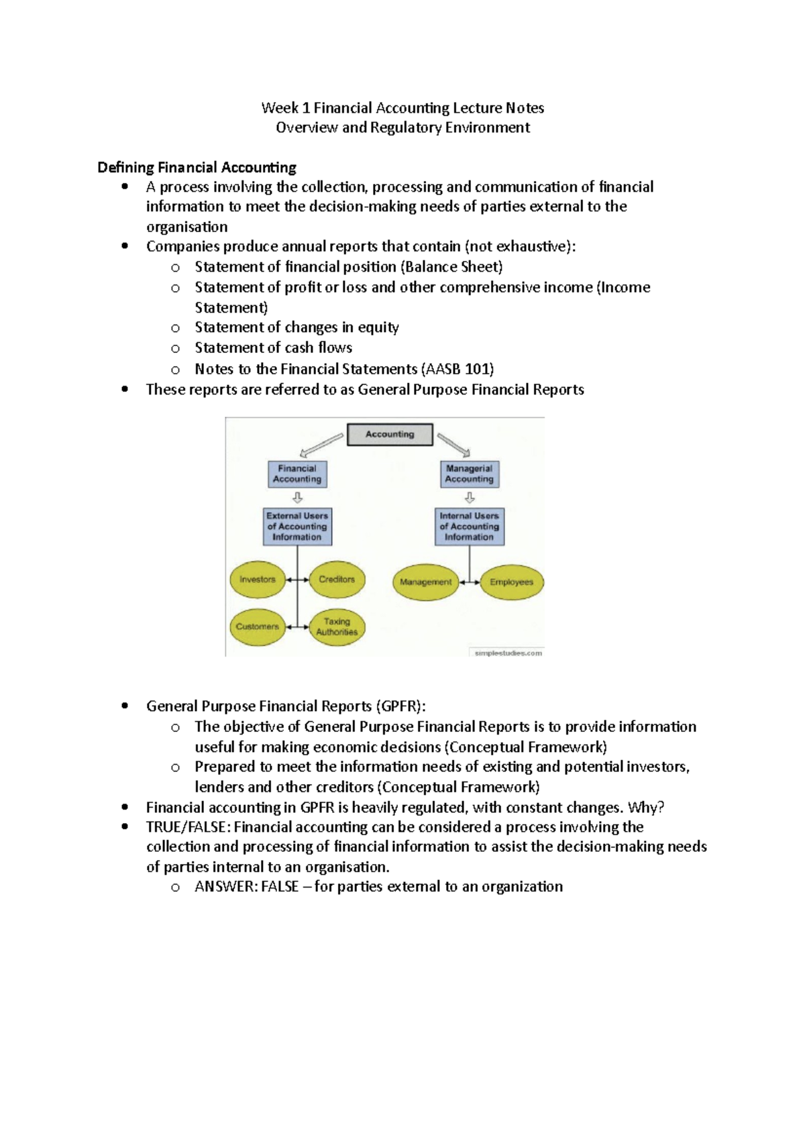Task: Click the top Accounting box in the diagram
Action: tap(390, 435)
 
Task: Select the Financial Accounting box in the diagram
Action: tap(297, 474)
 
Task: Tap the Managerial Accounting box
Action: tap(469, 474)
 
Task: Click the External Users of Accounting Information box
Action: tap(297, 527)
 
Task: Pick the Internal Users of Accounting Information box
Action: tap(469, 527)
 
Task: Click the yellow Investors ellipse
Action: tap(258, 580)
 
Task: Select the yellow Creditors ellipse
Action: tap(337, 580)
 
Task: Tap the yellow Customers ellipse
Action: tap(258, 627)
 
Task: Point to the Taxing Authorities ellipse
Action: tap(337, 627)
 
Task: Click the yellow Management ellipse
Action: tap(425, 582)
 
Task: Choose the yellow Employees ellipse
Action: tap(511, 582)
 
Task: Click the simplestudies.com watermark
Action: tap(508, 653)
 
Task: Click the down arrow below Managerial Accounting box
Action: tap(470, 498)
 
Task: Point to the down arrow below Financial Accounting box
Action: tap(298, 498)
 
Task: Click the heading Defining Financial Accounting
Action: tap(197, 167)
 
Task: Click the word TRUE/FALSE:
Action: tap(188, 827)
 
